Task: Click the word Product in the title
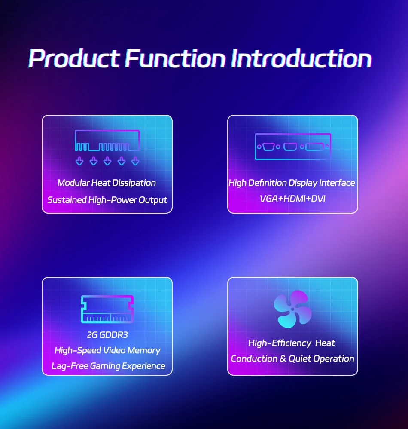(x=74, y=58)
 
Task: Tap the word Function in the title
(x=175, y=58)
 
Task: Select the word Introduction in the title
(x=301, y=58)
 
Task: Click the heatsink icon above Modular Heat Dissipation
(x=107, y=141)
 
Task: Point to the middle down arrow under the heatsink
(x=107, y=161)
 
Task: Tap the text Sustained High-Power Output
(x=107, y=200)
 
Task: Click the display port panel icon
(x=292, y=147)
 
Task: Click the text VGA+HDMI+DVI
(x=292, y=199)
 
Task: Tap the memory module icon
(x=107, y=309)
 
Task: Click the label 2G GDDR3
(x=107, y=335)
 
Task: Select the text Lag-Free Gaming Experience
(x=108, y=366)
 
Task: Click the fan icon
(x=292, y=309)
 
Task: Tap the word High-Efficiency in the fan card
(x=280, y=343)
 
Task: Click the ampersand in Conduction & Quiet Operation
(x=283, y=359)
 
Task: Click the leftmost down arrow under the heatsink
(x=79, y=161)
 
